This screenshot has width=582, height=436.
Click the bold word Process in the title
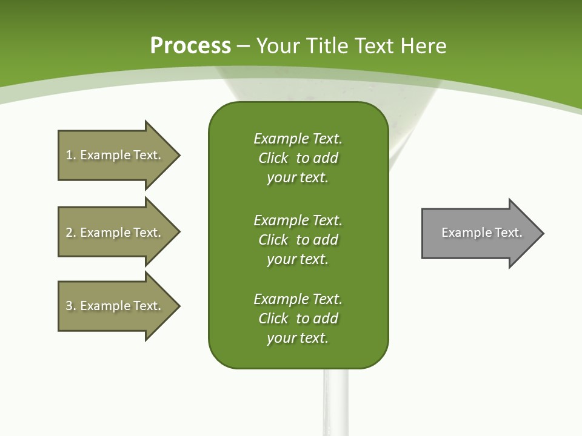pyautogui.click(x=190, y=46)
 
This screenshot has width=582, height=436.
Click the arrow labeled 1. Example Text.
pyautogui.click(x=115, y=155)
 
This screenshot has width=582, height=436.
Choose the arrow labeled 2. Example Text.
pyautogui.click(x=115, y=232)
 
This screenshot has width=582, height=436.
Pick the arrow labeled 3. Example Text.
pyautogui.click(x=115, y=306)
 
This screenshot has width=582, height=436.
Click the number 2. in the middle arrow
pyautogui.click(x=70, y=233)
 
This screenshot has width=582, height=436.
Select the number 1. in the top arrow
pyautogui.click(x=70, y=155)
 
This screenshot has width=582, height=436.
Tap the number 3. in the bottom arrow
pyautogui.click(x=70, y=306)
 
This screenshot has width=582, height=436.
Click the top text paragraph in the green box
pyautogui.click(x=298, y=158)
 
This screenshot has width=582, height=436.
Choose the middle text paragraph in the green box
pyautogui.click(x=298, y=239)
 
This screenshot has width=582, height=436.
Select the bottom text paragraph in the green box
pyautogui.click(x=298, y=318)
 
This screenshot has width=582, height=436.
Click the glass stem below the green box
pyautogui.click(x=335, y=403)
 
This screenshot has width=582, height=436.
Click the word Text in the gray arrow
pyautogui.click(x=508, y=233)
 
